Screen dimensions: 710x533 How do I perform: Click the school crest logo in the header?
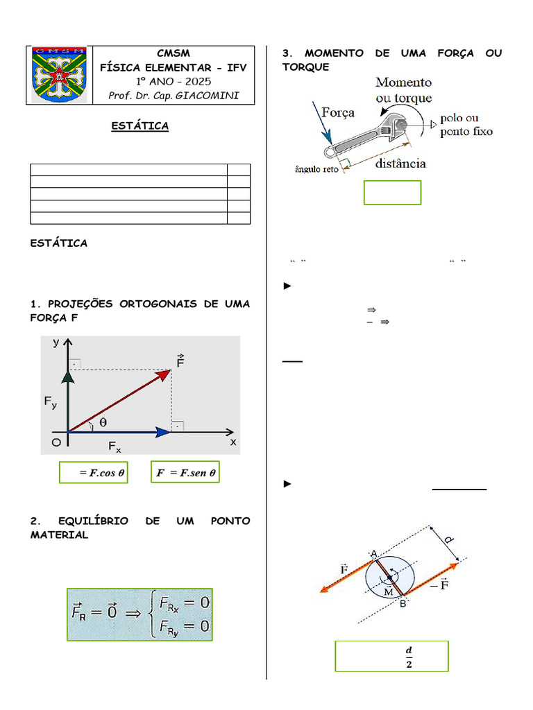(x=58, y=75)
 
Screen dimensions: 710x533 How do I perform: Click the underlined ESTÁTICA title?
(x=141, y=126)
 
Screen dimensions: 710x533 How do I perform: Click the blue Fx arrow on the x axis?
(x=118, y=432)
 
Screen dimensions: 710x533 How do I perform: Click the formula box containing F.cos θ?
(x=93, y=472)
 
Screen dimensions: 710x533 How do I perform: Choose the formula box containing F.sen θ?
(x=185, y=472)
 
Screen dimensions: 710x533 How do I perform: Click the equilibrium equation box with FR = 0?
(x=139, y=614)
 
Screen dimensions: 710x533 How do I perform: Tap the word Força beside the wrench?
(x=338, y=112)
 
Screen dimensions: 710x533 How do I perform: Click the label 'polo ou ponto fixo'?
(x=466, y=125)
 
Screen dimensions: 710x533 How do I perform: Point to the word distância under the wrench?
(x=400, y=164)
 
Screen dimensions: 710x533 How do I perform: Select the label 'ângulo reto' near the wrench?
(x=316, y=168)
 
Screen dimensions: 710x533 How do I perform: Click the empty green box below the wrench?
(x=392, y=193)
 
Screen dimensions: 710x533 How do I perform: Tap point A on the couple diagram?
(x=373, y=553)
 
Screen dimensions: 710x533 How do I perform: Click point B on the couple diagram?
(x=402, y=604)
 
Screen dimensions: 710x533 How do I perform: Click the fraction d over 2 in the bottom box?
(x=408, y=657)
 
